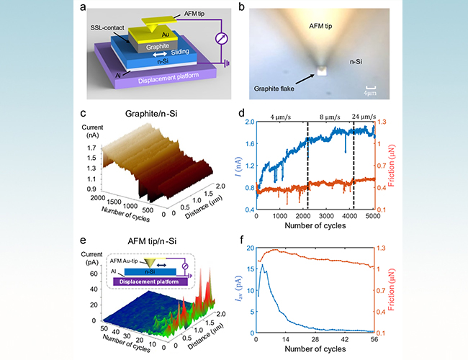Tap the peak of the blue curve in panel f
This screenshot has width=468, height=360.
[x=262, y=265]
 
